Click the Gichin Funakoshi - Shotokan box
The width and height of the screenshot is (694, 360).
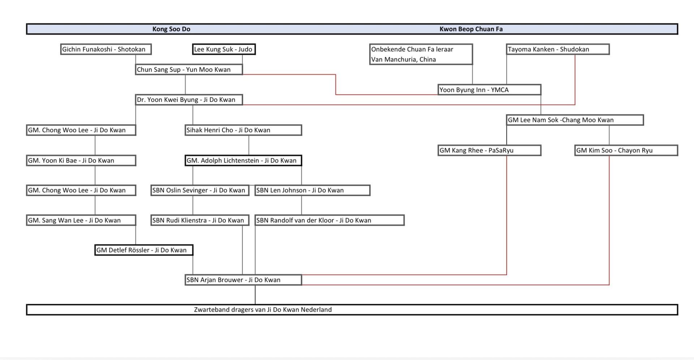[106, 49]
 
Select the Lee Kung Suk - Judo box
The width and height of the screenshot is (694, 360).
[224, 49]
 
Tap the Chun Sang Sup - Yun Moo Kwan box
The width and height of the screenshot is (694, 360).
[189, 69]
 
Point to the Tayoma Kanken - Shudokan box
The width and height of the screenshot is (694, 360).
[558, 49]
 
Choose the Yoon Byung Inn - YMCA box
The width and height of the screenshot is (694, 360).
[489, 90]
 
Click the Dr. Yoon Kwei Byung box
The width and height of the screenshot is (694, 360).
[189, 100]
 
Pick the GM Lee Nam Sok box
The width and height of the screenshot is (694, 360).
[575, 120]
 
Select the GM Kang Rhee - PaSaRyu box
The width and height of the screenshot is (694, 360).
[489, 150]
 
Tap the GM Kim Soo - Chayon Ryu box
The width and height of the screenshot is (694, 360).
[626, 150]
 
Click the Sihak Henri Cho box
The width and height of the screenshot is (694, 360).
[243, 130]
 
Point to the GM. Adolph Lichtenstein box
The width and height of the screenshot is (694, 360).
[243, 160]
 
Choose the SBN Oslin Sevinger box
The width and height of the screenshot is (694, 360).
[200, 190]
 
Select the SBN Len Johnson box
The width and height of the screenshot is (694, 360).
[312, 190]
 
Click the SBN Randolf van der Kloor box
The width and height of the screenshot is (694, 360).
[329, 220]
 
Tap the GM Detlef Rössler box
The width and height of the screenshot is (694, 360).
[143, 250]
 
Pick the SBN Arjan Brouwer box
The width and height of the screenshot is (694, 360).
[243, 280]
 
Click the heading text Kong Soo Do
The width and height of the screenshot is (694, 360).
[171, 29]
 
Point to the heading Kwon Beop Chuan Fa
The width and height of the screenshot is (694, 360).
[471, 29]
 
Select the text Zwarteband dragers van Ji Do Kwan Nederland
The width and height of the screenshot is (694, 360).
[263, 310]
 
